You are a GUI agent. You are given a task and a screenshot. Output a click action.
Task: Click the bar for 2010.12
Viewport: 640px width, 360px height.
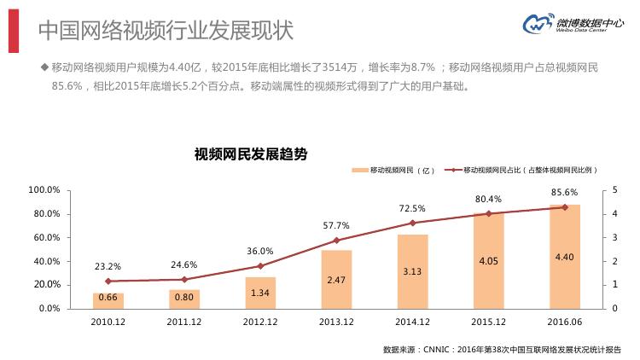click(x=108, y=300)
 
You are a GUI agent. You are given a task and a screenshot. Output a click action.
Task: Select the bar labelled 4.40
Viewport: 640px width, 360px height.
click(x=565, y=256)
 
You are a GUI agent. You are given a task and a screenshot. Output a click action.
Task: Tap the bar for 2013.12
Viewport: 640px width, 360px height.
click(x=336, y=279)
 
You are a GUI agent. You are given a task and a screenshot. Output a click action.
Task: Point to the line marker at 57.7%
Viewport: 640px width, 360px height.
click(x=336, y=241)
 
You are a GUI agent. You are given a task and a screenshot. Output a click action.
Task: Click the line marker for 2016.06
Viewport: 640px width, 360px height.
click(x=565, y=207)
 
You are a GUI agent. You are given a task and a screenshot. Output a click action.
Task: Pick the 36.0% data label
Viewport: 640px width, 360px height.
click(x=260, y=252)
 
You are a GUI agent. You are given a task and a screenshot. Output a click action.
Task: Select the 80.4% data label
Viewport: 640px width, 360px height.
click(x=489, y=200)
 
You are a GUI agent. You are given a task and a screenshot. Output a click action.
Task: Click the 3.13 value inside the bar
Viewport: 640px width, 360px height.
click(x=412, y=271)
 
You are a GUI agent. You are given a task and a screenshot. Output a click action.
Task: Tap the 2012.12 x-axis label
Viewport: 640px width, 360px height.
click(x=260, y=322)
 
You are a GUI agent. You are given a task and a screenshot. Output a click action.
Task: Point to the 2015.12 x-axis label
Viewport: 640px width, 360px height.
click(x=489, y=322)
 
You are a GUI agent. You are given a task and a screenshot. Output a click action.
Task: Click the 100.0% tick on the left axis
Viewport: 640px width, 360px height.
click(x=44, y=189)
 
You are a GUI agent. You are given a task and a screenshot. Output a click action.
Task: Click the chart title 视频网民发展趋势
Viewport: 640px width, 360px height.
click(x=251, y=154)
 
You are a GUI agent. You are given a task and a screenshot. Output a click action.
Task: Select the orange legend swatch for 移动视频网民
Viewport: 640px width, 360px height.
click(x=358, y=171)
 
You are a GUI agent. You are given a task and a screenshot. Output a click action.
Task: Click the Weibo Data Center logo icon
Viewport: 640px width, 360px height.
click(x=535, y=26)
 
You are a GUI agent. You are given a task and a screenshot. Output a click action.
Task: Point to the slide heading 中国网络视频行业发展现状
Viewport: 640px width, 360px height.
click(x=166, y=30)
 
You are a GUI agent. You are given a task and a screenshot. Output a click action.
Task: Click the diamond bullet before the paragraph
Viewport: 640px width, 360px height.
click(x=44, y=67)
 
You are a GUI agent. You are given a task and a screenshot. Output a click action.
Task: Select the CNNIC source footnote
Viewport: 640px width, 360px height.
click(x=502, y=349)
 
